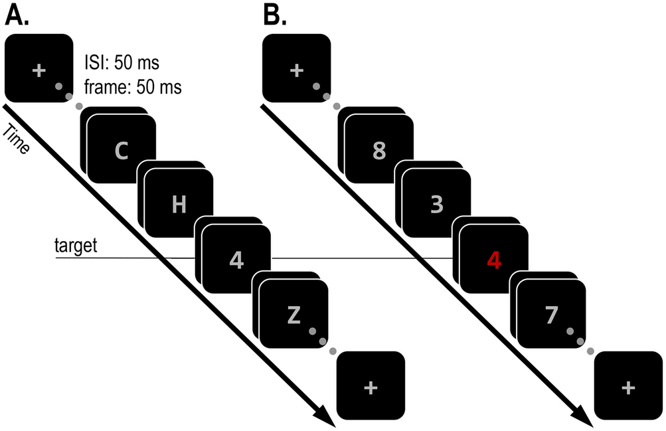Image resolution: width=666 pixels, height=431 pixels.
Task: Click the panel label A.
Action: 17,15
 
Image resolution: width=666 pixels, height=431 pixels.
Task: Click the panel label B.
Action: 276,15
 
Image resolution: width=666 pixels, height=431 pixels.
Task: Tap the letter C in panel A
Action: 122,151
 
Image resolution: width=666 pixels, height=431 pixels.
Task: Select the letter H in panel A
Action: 179,205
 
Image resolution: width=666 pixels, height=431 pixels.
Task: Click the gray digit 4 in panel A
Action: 236,260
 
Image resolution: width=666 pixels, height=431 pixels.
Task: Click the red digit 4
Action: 494,260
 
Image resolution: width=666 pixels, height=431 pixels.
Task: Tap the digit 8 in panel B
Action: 379,151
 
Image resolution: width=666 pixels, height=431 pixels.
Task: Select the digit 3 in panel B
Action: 436,205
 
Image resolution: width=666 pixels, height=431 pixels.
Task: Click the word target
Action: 76,247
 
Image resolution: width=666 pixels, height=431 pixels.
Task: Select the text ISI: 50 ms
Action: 122,64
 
